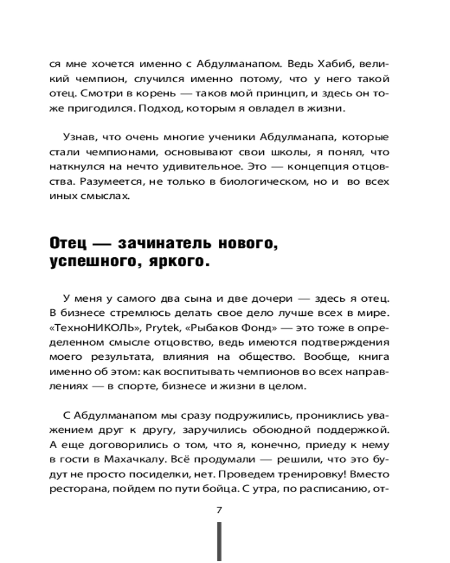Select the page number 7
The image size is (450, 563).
click(219, 510)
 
